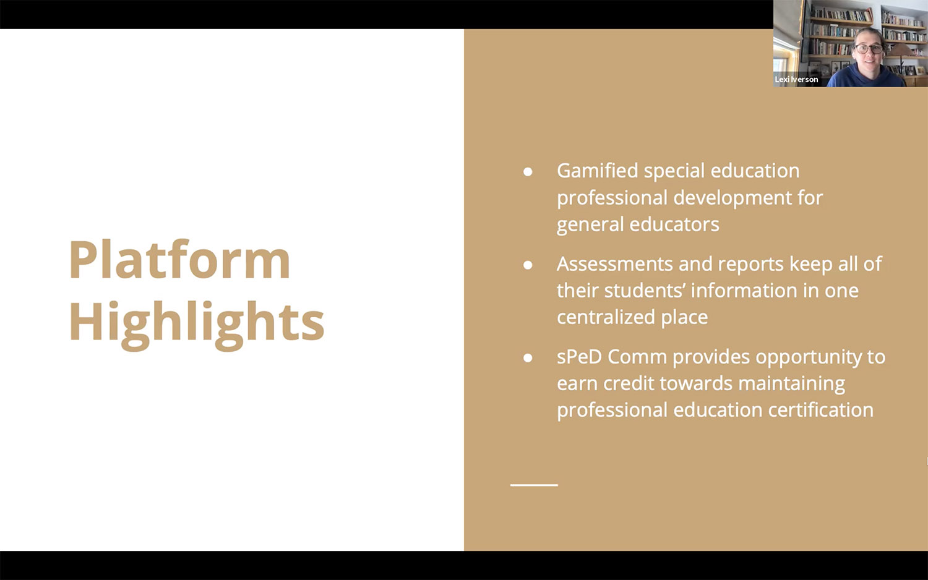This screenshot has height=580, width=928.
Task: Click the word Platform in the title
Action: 179,260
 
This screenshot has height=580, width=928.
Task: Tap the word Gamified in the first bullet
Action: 597,171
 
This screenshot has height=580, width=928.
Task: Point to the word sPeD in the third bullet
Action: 579,356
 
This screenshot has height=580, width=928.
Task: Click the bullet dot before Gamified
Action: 528,171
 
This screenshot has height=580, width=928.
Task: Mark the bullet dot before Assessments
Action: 528,265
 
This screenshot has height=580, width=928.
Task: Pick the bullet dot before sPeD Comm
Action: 528,357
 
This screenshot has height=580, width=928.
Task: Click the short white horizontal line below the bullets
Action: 534,485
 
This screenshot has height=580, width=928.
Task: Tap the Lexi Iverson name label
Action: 796,80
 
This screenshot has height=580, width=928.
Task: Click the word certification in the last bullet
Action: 821,410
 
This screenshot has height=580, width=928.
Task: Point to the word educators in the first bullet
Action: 674,224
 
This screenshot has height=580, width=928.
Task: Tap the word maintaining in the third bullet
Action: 792,384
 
